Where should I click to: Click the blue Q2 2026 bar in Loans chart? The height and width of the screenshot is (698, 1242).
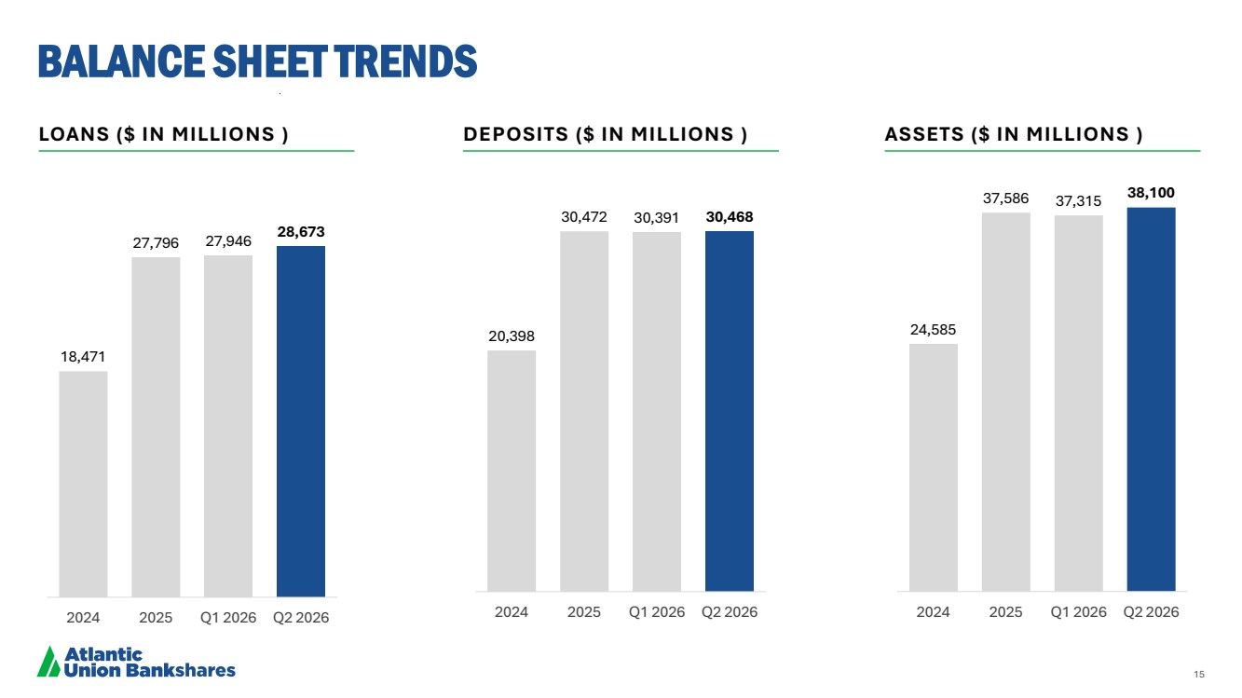point(301,421)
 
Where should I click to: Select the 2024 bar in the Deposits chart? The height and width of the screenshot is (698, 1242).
point(512,471)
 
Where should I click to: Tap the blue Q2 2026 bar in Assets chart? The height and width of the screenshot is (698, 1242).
point(1151,399)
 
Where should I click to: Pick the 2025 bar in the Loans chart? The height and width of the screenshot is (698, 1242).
point(156,427)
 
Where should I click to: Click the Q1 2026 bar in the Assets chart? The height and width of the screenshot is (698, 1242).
point(1078,404)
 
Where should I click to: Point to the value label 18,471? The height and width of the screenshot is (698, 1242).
point(83,357)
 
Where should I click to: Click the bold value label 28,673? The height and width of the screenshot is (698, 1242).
point(301,232)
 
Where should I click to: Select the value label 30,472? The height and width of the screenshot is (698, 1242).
point(584,217)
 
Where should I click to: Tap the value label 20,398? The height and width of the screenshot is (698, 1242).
point(512,336)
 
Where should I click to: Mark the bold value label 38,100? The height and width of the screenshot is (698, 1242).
point(1151,193)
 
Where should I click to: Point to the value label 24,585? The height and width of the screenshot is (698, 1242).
point(934,330)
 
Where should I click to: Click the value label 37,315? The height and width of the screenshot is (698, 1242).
point(1078,200)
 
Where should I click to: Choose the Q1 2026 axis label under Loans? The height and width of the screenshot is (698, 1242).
point(228,618)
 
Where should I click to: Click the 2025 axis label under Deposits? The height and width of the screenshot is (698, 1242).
point(584,612)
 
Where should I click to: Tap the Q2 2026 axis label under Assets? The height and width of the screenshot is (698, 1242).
point(1151,612)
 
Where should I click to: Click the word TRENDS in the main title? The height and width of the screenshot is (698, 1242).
point(406,61)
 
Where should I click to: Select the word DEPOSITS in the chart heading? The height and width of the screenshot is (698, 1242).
point(516,134)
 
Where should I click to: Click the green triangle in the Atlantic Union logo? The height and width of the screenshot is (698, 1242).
point(48,662)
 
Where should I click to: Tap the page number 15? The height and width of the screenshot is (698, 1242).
point(1199,674)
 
